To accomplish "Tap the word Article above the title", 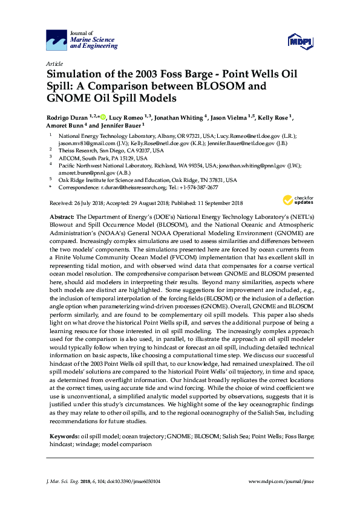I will point(54,63).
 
